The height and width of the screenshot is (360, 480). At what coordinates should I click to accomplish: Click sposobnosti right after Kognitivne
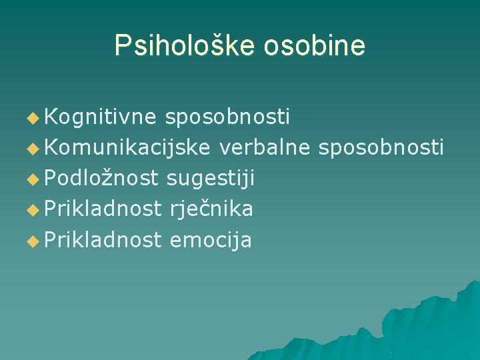click(x=227, y=117)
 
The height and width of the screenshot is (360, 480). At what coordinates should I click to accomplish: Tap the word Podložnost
click(x=101, y=178)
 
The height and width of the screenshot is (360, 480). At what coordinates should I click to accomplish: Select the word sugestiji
click(x=211, y=178)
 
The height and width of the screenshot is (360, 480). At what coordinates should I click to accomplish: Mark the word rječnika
click(x=211, y=209)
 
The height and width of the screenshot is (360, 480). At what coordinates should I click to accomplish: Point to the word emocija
click(x=211, y=239)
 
